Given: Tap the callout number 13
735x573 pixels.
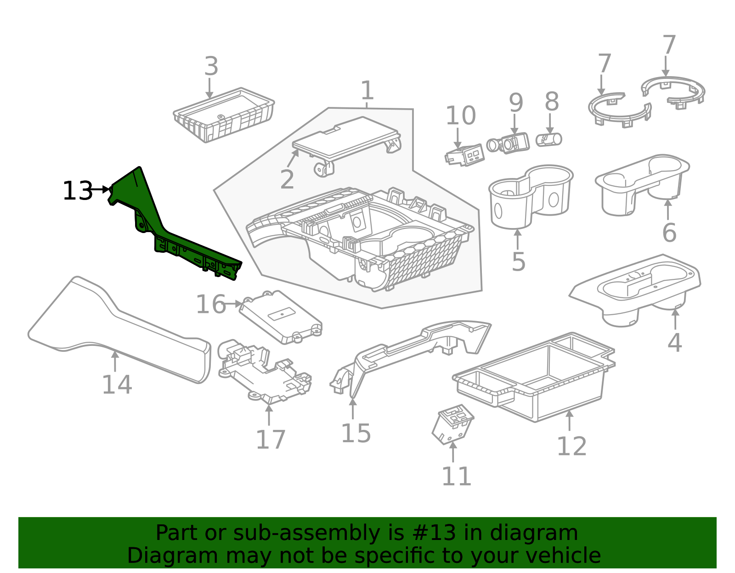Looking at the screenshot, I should point(77,191).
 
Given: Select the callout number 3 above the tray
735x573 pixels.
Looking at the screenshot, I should point(211,67).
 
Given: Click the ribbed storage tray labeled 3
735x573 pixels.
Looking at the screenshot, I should point(224,115).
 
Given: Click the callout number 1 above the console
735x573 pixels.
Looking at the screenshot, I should point(367,91).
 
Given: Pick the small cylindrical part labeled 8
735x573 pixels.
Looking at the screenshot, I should point(549,139).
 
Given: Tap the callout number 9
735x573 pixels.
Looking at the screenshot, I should point(515,103).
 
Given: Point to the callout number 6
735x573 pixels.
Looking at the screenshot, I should point(669,233).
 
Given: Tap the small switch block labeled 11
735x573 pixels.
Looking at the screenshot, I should point(452,424).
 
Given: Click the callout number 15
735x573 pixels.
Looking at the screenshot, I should point(356,434).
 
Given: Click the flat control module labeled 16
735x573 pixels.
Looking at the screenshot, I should point(280,317).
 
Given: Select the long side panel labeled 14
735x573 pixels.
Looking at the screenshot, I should point(119,330).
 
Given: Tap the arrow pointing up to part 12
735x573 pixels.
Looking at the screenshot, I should point(569,420).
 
